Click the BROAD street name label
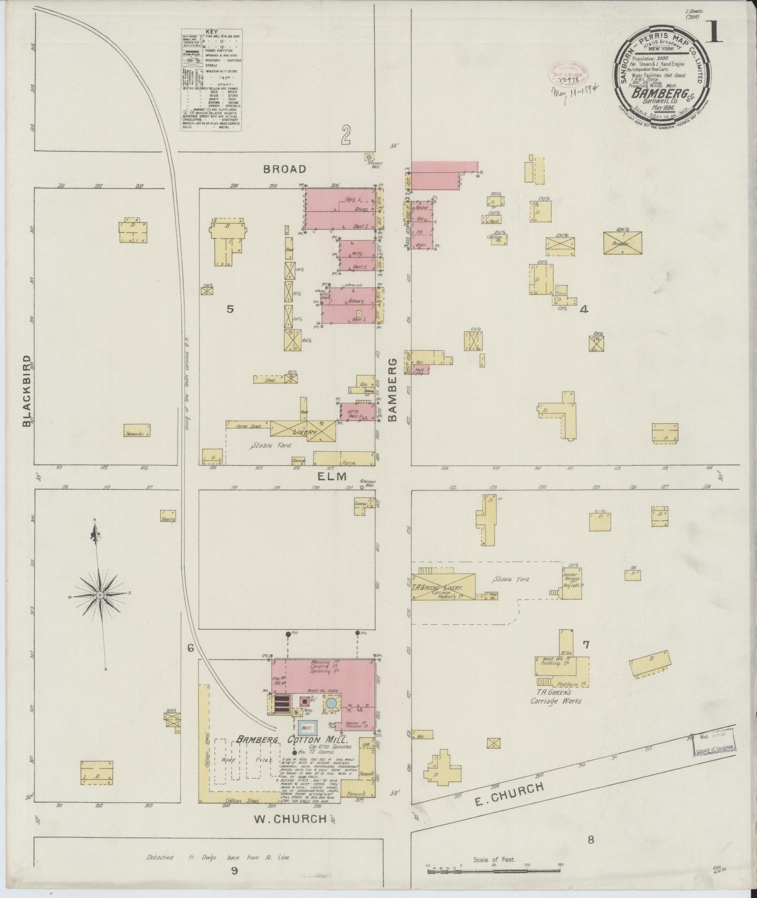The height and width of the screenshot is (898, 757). [x=284, y=169]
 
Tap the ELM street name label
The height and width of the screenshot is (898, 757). [x=331, y=476]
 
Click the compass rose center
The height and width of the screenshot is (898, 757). [x=99, y=595]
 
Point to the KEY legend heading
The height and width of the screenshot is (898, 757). [x=212, y=32]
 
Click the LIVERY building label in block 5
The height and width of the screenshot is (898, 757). [x=304, y=432]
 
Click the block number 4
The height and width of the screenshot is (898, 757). [x=584, y=309]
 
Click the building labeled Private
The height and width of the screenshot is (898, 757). [x=622, y=244]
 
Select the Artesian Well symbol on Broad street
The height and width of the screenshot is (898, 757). [x=369, y=157]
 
